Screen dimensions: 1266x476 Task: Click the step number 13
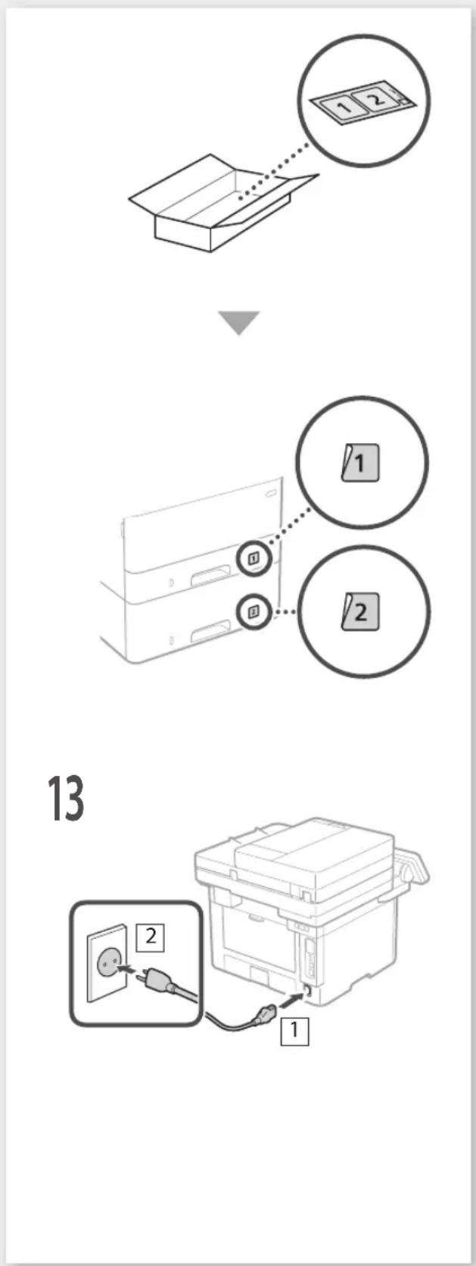(67, 798)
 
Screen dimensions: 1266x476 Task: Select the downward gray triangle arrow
(239, 322)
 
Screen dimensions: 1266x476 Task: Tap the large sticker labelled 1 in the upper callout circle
(360, 463)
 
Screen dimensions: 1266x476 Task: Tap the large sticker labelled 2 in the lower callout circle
(360, 611)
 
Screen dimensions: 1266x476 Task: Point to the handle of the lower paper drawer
(211, 630)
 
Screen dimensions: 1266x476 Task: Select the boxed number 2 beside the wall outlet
(150, 936)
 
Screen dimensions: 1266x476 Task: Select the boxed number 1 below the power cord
(294, 1030)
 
